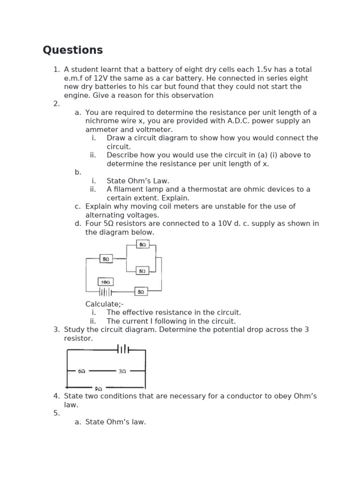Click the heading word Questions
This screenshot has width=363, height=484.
[x=72, y=50]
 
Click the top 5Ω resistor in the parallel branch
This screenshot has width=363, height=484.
[x=142, y=244]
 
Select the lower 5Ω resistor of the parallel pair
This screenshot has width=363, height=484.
[x=142, y=271]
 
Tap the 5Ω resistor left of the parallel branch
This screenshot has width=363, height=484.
[x=106, y=259]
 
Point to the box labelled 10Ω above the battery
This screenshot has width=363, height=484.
[x=105, y=282]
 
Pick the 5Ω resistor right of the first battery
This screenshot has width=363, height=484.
[x=141, y=292]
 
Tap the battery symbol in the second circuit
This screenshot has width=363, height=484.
[x=123, y=350]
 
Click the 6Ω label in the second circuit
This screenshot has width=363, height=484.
[x=81, y=372]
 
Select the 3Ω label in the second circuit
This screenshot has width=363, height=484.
[x=122, y=372]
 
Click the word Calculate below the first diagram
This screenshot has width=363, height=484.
[x=103, y=304]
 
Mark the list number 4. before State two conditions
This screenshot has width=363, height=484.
[x=57, y=396]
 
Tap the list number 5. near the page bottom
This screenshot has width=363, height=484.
[x=57, y=413]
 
